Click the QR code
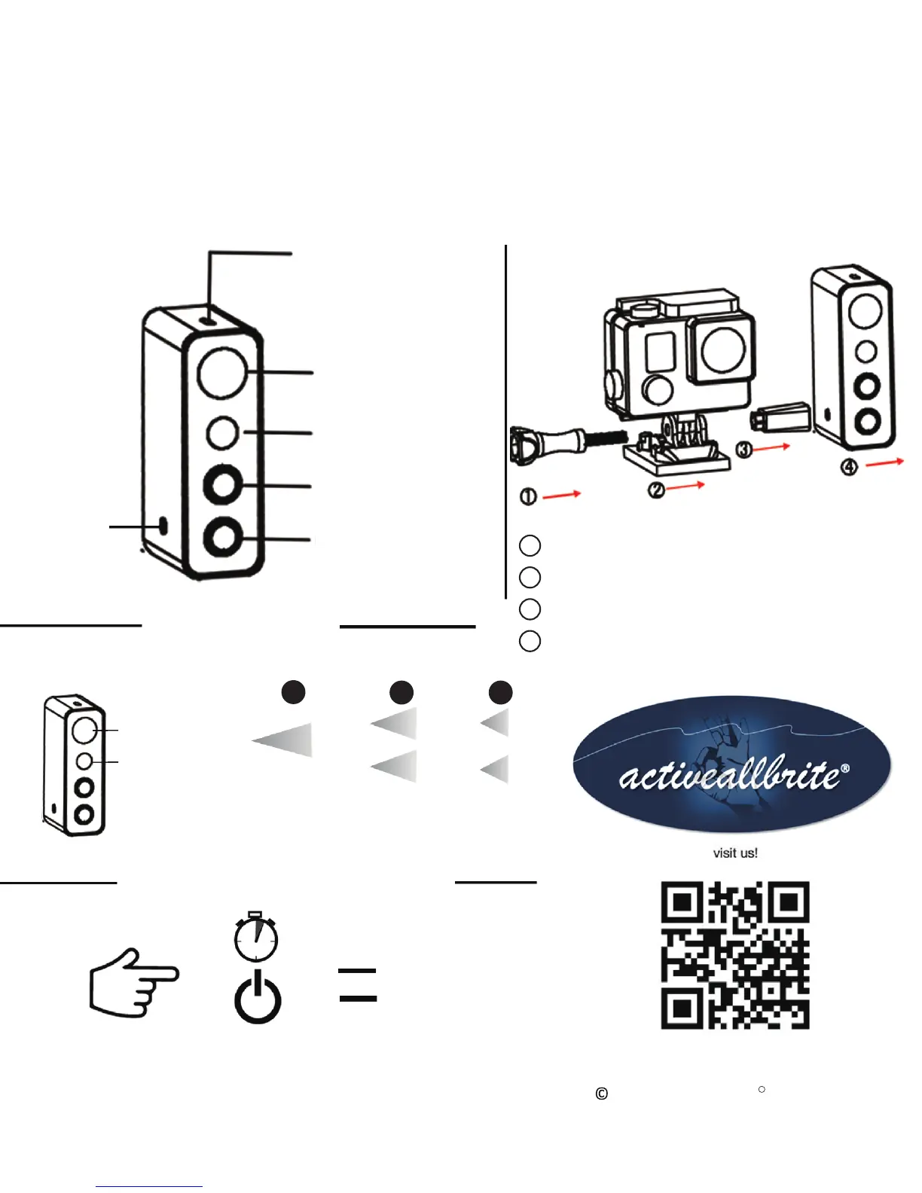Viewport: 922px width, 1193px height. pos(735,955)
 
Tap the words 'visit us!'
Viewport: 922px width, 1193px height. pos(735,853)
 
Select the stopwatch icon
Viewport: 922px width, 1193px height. pos(256,937)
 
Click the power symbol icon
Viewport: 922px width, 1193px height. pos(258,999)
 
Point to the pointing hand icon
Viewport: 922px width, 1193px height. pos(133,982)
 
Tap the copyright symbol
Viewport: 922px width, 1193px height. pos(601,1094)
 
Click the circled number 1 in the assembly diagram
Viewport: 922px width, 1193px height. pos(529,497)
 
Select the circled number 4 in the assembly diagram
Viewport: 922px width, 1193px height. pos(849,468)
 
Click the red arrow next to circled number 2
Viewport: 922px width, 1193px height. pos(685,486)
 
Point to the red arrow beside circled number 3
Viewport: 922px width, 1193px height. pos(771,447)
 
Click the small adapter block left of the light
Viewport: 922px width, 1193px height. pos(780,416)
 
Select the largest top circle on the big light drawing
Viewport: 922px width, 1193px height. pos(222,373)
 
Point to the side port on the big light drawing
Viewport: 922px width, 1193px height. pos(163,526)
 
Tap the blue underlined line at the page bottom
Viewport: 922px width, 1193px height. pos(149,1187)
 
